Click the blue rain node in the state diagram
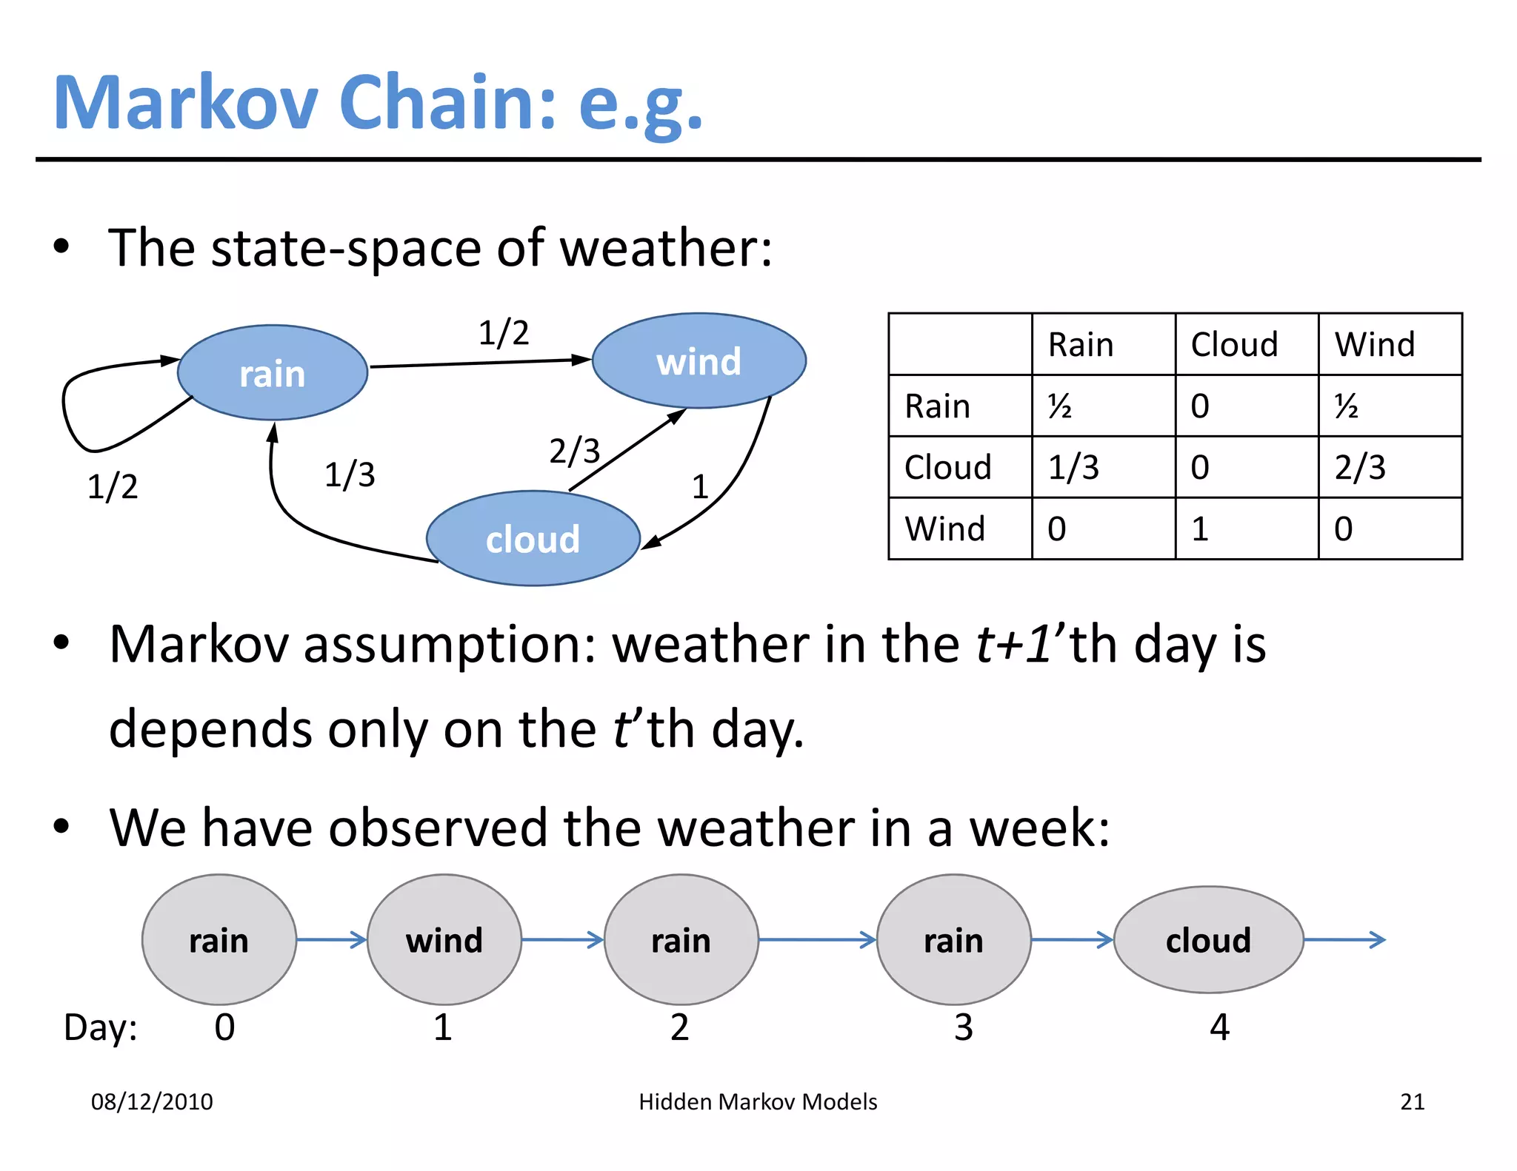click(x=272, y=372)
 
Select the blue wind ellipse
click(x=699, y=360)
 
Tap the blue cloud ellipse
click(x=533, y=538)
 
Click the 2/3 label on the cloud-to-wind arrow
click(x=574, y=451)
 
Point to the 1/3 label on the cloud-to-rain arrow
click(x=350, y=474)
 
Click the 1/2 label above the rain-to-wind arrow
click(x=503, y=333)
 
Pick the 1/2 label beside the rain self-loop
click(x=113, y=486)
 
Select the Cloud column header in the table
click(x=1234, y=345)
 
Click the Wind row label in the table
click(x=945, y=529)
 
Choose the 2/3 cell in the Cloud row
click(x=1360, y=467)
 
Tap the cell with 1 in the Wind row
click(x=1200, y=529)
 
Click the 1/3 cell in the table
click(x=1073, y=467)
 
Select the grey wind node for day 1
click(x=444, y=940)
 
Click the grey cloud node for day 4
click(x=1208, y=940)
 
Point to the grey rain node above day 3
click(x=953, y=940)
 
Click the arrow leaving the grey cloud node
click(x=1344, y=940)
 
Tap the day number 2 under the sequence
click(x=679, y=1027)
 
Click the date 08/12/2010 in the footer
click(x=152, y=1101)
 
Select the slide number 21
click(x=1412, y=1101)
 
